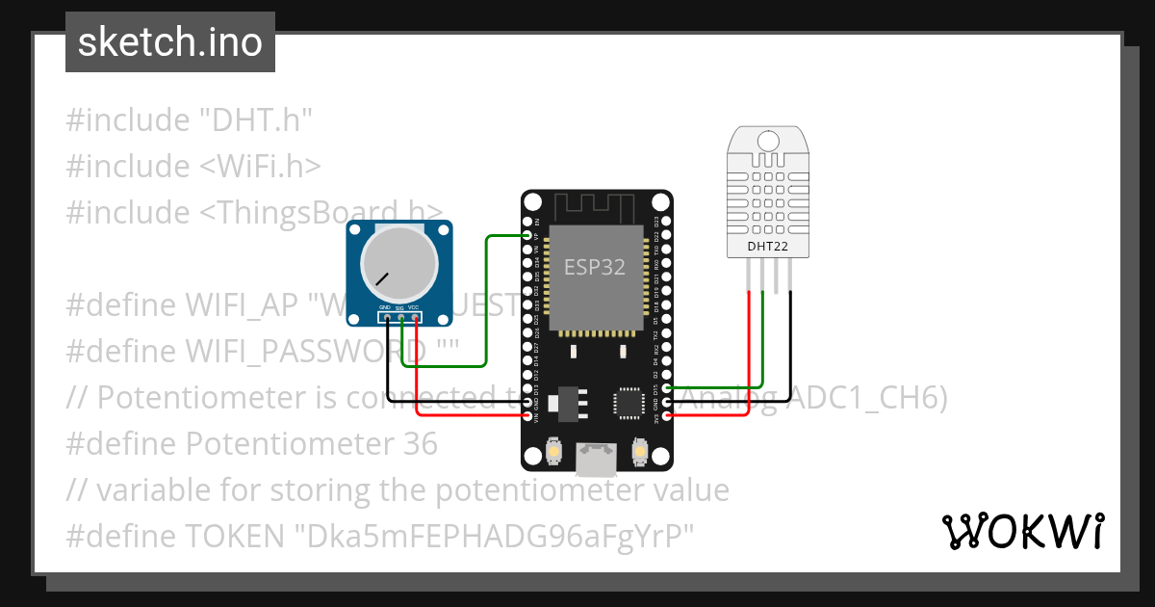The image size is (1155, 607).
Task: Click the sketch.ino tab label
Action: point(169,42)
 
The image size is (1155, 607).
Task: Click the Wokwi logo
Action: point(1022,531)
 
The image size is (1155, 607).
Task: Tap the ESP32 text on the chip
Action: point(594,268)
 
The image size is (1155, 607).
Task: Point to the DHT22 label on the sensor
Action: point(767,246)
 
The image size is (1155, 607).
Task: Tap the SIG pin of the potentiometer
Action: point(400,316)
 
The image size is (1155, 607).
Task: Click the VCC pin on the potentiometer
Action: point(415,316)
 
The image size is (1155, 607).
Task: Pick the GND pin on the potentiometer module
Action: point(386,316)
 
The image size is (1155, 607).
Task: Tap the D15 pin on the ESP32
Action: point(666,388)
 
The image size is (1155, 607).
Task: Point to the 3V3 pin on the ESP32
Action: point(666,417)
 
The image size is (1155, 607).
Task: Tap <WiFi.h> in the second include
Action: point(260,167)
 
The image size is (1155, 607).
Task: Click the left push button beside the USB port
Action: point(554,449)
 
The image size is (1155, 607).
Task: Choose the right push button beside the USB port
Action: point(637,449)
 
